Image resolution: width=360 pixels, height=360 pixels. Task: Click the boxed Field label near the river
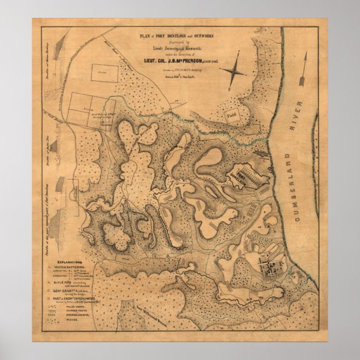point(231,115)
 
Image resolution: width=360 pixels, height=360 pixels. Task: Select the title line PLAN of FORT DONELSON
point(176,35)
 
